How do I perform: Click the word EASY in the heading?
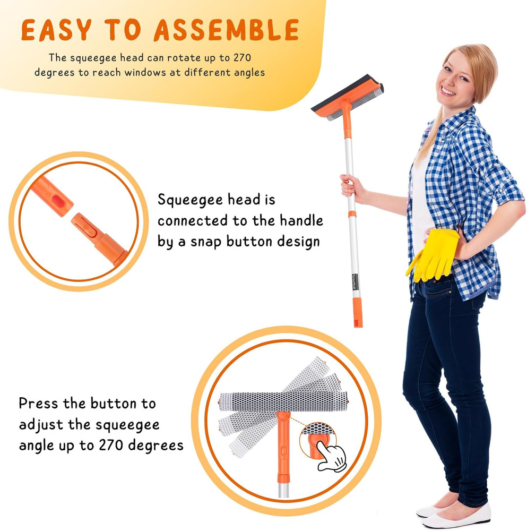(56, 31)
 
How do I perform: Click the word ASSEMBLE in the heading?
(227, 31)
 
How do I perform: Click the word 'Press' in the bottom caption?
(38, 403)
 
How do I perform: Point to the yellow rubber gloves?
(436, 254)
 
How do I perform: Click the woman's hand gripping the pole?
(350, 187)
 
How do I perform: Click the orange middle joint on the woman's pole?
(351, 215)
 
